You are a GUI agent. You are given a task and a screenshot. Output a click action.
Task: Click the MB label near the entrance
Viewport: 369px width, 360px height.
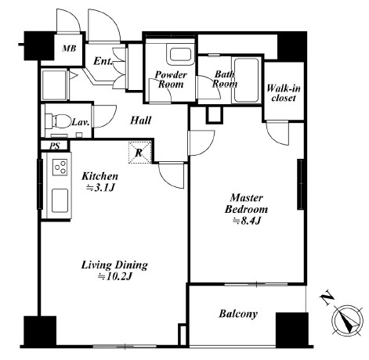(69, 49)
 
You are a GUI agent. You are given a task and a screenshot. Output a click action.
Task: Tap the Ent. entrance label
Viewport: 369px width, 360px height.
(103, 62)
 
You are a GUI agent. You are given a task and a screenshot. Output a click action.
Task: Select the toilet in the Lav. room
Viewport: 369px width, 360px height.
(59, 121)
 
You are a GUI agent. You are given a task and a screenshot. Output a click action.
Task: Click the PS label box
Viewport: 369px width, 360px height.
(55, 146)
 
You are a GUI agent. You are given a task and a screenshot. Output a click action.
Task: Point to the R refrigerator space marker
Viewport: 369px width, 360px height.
(140, 153)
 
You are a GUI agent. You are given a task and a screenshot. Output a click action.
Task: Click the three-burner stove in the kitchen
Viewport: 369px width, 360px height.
(60, 167)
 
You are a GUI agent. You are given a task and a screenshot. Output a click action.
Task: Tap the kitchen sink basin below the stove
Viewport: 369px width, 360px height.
(60, 200)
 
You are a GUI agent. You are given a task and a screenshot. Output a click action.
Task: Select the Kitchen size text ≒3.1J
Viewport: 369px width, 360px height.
(101, 188)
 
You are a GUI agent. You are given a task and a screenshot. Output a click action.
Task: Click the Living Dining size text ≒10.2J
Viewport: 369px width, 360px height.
(114, 276)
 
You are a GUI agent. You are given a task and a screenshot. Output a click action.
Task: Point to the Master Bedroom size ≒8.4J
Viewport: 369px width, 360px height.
(246, 221)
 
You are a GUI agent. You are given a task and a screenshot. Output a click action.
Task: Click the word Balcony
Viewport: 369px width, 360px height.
(238, 314)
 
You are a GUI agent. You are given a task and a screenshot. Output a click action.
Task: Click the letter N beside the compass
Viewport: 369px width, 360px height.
(327, 298)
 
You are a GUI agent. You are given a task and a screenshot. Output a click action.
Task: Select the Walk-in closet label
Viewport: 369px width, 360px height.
(284, 93)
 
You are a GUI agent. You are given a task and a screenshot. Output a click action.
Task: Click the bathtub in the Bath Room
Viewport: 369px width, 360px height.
(246, 80)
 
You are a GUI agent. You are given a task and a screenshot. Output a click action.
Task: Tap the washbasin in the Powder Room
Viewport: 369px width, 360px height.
(180, 55)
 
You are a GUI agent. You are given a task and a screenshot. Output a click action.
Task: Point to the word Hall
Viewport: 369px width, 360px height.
(140, 121)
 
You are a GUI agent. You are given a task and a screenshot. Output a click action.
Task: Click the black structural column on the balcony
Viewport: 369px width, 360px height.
(292, 329)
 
